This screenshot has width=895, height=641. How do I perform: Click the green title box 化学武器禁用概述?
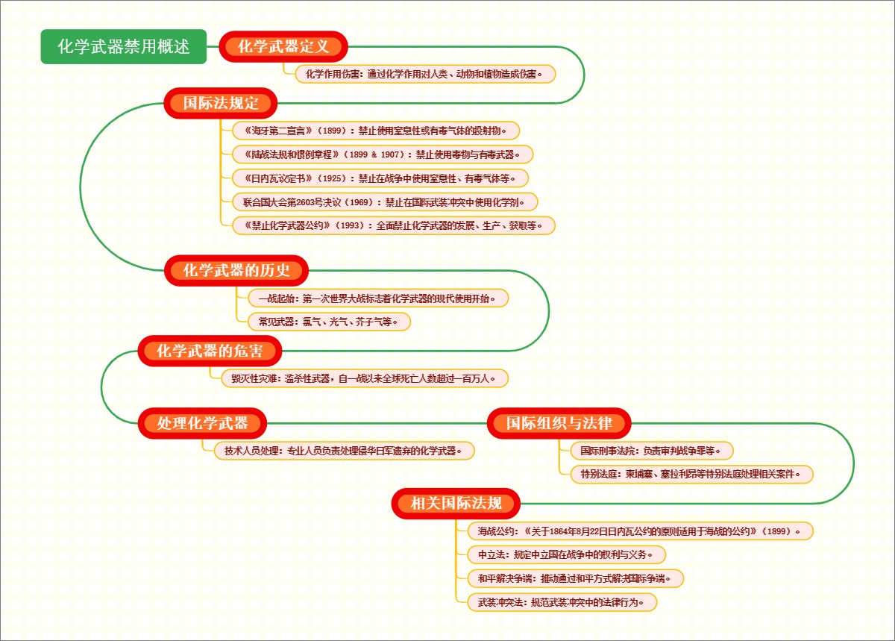point(123,47)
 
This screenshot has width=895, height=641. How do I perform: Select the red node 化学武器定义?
point(283,46)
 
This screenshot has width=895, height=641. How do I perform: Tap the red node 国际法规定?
point(221,103)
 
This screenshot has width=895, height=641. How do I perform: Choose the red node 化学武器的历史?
point(236,270)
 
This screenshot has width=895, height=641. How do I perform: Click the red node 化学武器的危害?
point(210,351)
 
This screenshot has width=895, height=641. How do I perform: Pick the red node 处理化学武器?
point(202,423)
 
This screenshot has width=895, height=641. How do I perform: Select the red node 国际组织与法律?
point(559,423)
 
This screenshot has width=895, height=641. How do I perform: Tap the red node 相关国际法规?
point(456,503)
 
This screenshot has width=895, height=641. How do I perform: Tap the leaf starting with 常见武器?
point(329,322)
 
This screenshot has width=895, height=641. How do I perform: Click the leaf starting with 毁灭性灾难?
point(365,378)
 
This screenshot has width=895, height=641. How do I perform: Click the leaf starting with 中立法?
point(565,554)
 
